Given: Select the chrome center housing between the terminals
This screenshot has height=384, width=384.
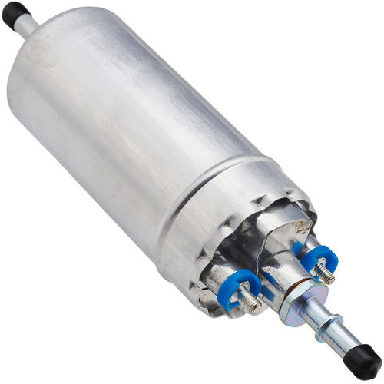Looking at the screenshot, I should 269,246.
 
